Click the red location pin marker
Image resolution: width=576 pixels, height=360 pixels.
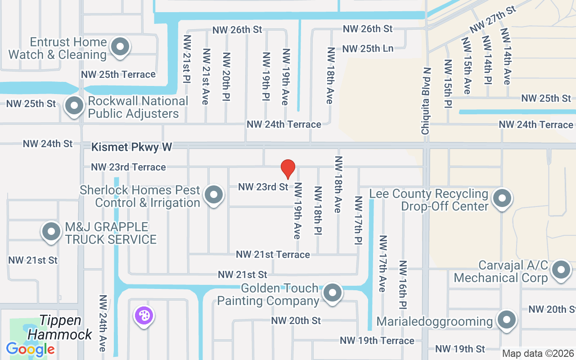click(x=288, y=169)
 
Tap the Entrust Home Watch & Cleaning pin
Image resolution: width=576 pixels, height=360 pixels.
click(x=120, y=47)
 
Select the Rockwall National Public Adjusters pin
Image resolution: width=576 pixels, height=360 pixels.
click(x=74, y=106)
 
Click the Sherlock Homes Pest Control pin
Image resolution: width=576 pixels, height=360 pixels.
click(x=214, y=195)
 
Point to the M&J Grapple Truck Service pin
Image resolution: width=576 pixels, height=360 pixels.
click(x=51, y=231)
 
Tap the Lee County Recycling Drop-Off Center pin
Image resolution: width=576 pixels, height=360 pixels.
click(x=502, y=198)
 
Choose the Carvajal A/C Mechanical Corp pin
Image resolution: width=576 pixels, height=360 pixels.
click(x=561, y=270)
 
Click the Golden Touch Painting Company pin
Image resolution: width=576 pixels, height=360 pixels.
click(x=333, y=293)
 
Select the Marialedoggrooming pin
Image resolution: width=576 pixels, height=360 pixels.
click(x=507, y=320)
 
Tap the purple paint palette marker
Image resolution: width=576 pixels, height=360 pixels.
click(x=144, y=316)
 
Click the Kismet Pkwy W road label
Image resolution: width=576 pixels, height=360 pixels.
click(x=132, y=147)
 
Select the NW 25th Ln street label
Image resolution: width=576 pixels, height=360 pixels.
click(x=368, y=48)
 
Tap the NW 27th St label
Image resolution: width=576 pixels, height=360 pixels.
click(x=493, y=20)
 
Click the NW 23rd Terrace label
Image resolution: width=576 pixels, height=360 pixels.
click(x=128, y=167)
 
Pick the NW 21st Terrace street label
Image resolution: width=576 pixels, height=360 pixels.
click(x=273, y=255)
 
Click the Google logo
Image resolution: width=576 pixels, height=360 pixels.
click(x=30, y=349)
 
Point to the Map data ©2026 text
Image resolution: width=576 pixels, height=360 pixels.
click(x=538, y=354)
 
